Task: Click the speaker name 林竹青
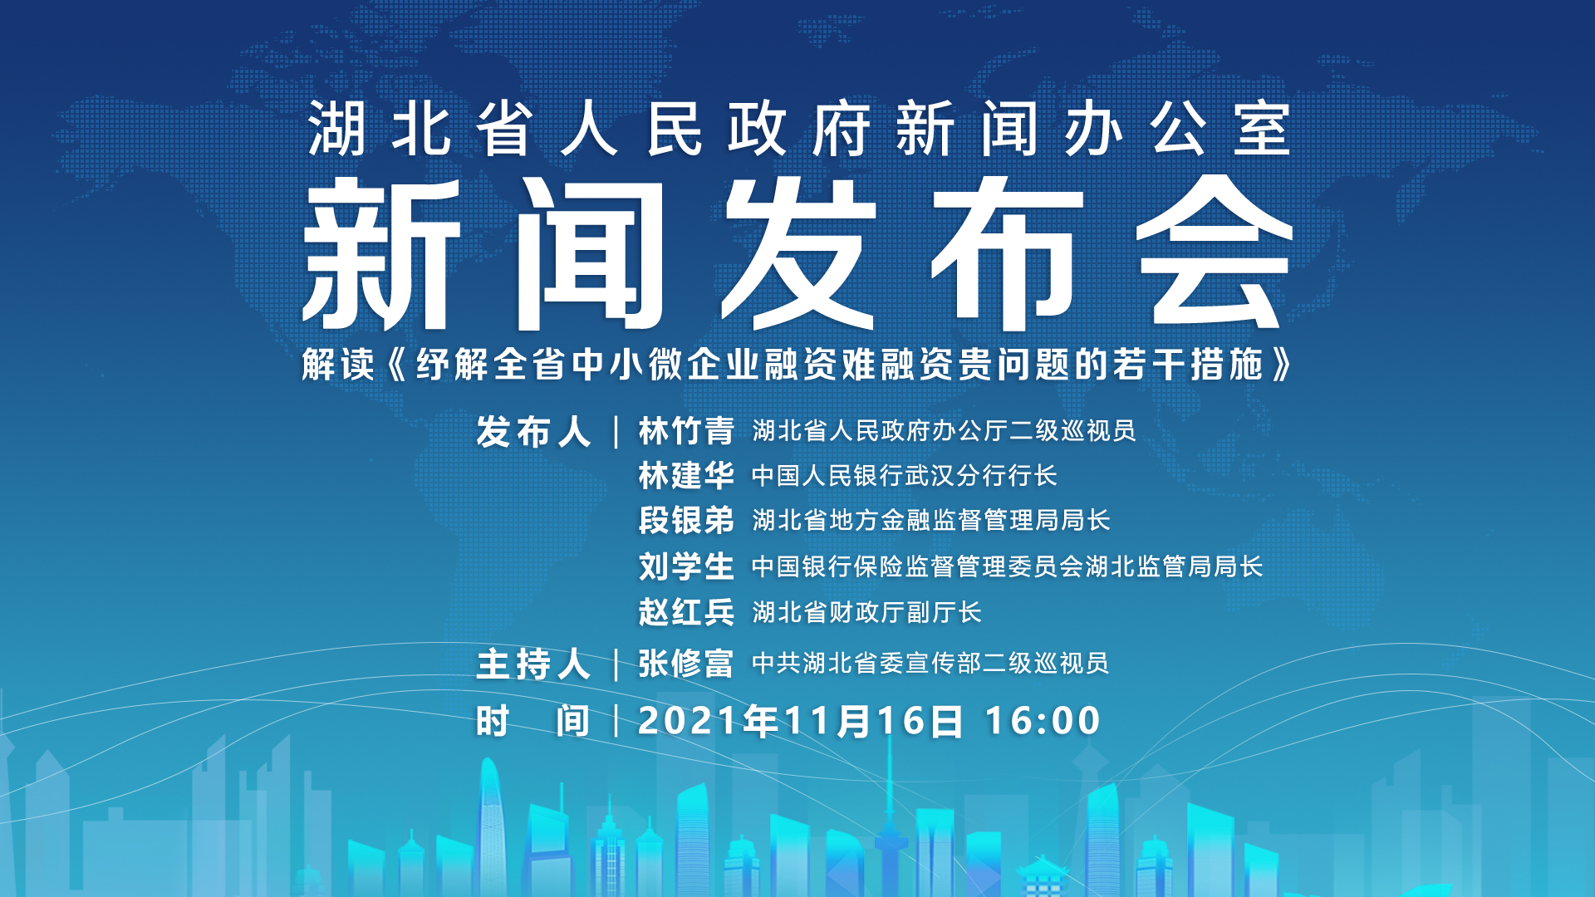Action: click(686, 431)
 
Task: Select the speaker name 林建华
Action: click(686, 476)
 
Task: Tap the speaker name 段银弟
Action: click(686, 521)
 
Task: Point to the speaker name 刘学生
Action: click(686, 566)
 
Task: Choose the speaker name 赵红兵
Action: click(686, 612)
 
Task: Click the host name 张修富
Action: click(686, 664)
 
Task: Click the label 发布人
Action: click(533, 432)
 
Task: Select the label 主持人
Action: click(533, 664)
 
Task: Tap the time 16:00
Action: click(1043, 721)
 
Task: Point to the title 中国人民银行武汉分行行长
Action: click(905, 476)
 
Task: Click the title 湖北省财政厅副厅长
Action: click(866, 612)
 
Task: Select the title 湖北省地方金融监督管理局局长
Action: click(931, 521)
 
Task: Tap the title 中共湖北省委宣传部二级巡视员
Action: click(930, 664)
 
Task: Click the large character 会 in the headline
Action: click(1214, 252)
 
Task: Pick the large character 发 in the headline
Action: click(799, 252)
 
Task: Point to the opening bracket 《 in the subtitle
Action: click(398, 365)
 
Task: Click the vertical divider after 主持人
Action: click(616, 664)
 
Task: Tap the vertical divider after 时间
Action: click(616, 721)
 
